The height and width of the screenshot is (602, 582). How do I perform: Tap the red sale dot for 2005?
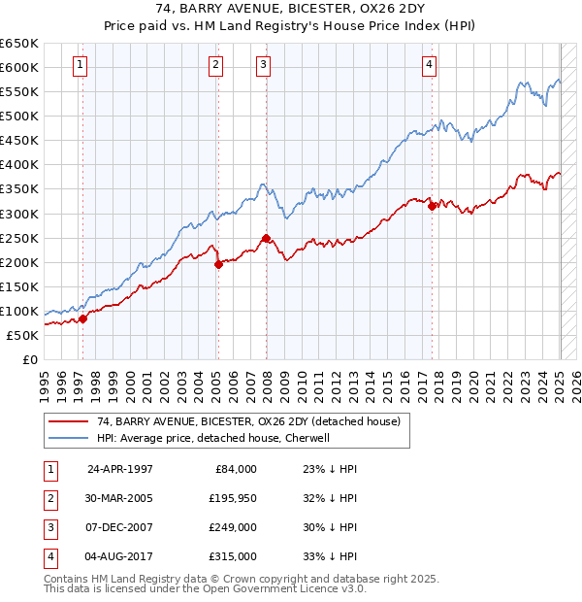pyautogui.click(x=218, y=264)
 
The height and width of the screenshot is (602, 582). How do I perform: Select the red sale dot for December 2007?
pyautogui.click(x=265, y=238)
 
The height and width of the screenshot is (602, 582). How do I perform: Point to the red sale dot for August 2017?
pyautogui.click(x=432, y=206)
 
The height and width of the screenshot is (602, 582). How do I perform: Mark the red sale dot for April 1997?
pyautogui.click(x=83, y=318)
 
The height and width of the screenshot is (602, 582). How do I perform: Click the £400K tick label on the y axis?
pyautogui.click(x=19, y=165)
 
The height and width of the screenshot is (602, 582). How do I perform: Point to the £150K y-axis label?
pyautogui.click(x=19, y=286)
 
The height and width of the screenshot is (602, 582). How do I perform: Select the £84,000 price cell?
pyautogui.click(x=235, y=468)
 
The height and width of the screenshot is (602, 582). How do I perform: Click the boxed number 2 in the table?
pyautogui.click(x=49, y=497)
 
